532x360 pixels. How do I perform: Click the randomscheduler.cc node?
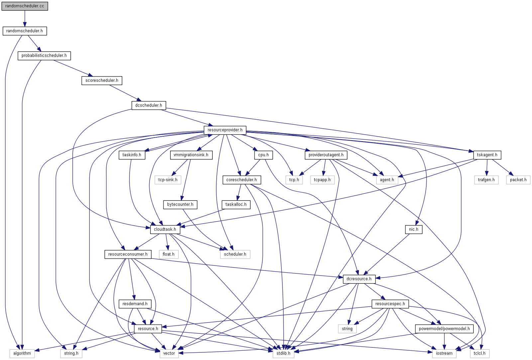pyautogui.click(x=25, y=6)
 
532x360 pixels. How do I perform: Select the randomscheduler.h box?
pyautogui.click(x=25, y=31)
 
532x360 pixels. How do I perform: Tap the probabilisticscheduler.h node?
pyautogui.click(x=44, y=56)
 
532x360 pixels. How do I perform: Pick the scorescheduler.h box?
pyautogui.click(x=102, y=80)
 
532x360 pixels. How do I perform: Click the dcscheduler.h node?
pyautogui.click(x=149, y=105)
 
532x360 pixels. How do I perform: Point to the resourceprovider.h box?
pyautogui.click(x=225, y=130)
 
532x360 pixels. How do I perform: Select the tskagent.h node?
pyautogui.click(x=487, y=155)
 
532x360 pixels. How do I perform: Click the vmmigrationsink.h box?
pyautogui.click(x=191, y=155)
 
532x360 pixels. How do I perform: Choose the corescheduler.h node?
pyautogui.click(x=242, y=180)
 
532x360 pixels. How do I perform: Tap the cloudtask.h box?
pyautogui.click(x=165, y=229)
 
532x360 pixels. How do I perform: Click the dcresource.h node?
pyautogui.click(x=359, y=279)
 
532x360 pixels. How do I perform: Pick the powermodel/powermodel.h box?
pyautogui.click(x=444, y=329)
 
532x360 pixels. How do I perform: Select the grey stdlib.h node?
pyautogui.click(x=283, y=353)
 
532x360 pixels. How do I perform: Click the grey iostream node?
pyautogui.click(x=444, y=353)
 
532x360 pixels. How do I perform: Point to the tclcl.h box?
pyautogui.click(x=479, y=353)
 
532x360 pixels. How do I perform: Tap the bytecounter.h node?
pyautogui.click(x=180, y=204)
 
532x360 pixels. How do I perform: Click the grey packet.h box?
pyautogui.click(x=518, y=180)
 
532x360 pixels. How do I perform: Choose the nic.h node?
pyautogui.click(x=414, y=229)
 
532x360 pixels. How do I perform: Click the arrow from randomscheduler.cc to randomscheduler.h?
pyautogui.click(x=25, y=18)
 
